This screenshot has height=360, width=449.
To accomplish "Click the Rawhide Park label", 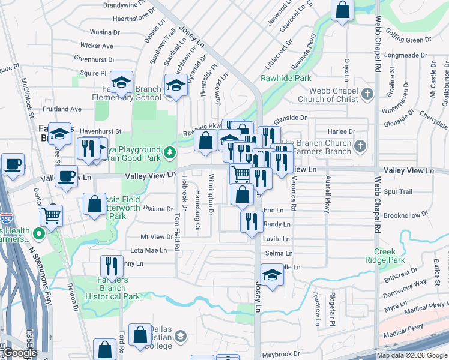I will tap(286, 78).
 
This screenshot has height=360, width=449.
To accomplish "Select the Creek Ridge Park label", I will tap(389, 256).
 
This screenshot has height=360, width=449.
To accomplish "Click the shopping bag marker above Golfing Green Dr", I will tap(342, 10).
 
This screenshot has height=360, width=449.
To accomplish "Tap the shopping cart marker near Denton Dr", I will tap(52, 214).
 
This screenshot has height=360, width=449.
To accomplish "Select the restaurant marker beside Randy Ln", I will tap(250, 221).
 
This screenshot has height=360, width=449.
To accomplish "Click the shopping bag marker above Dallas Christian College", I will tap(140, 335).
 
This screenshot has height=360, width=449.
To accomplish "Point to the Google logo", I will tap(20, 353).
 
